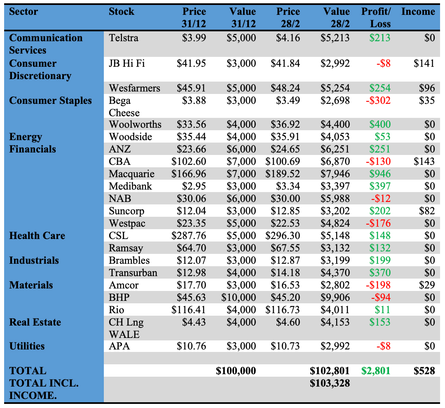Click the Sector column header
(23, 12)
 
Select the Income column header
(418, 12)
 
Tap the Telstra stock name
(124, 38)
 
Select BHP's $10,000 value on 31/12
(239, 298)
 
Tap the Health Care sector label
(37, 236)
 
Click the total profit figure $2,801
(376, 371)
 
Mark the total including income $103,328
(330, 383)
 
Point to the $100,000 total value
(236, 371)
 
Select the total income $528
(424, 371)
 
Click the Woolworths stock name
(135, 124)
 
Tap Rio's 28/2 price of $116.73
(283, 310)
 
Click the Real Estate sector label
(35, 322)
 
